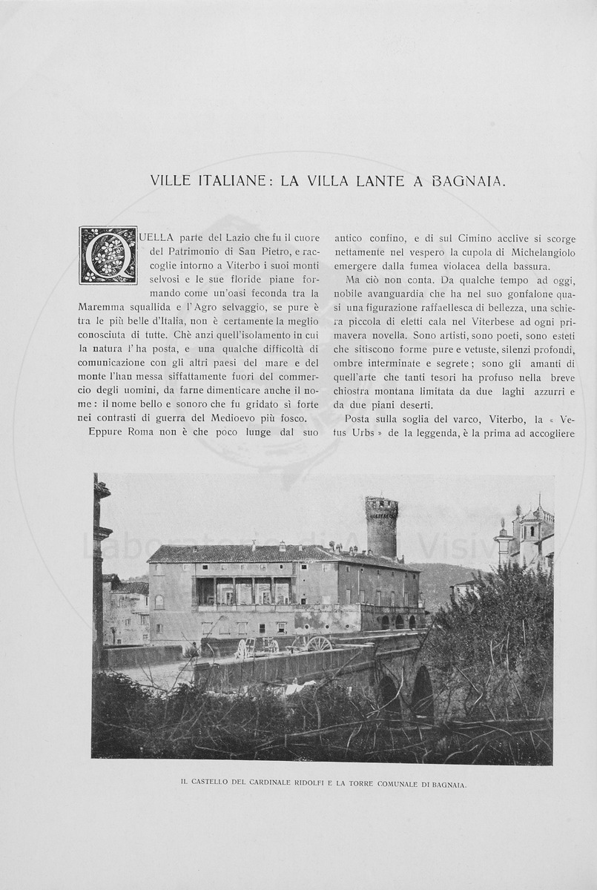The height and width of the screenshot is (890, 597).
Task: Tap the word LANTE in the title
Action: click(x=369, y=180)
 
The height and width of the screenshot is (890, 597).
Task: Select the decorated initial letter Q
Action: click(x=108, y=255)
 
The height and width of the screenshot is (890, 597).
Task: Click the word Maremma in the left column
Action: click(x=101, y=306)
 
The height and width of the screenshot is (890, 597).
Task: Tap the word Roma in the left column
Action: click(x=137, y=432)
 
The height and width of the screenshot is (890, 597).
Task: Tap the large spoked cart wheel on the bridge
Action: click(x=319, y=644)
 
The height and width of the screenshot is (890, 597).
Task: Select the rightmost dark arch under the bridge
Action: click(x=421, y=693)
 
